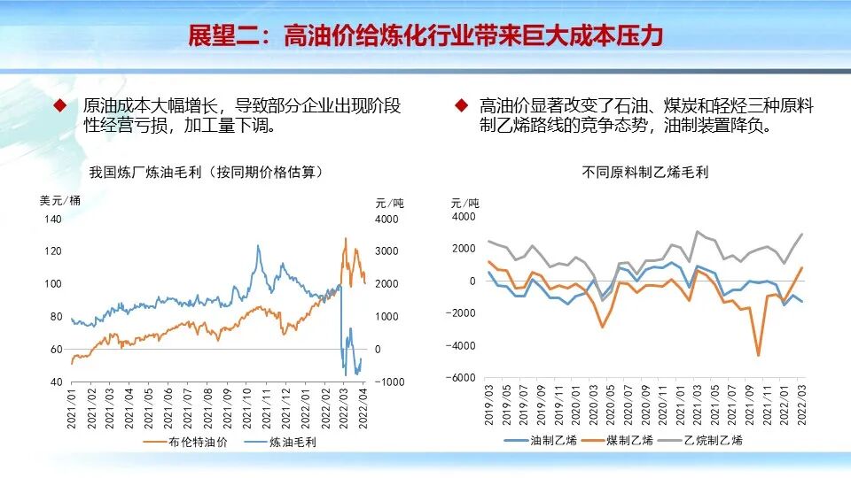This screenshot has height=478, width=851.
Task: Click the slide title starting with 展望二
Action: pos(425,35)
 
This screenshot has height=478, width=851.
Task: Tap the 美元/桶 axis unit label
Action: pos(60,201)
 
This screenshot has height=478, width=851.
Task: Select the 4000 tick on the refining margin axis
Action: pos(388,219)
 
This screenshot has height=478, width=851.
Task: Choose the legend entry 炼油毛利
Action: pos(292,443)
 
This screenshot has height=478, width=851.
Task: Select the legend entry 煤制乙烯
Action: pos(629,440)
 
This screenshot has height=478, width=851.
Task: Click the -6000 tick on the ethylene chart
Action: pos(463,378)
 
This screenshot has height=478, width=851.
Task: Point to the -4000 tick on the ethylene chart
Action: pos(463,345)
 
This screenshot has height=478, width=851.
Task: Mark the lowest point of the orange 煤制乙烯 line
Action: pos(759,356)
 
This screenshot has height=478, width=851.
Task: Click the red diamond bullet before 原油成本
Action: pos(61,105)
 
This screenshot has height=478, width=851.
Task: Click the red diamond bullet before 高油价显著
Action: pos(461,105)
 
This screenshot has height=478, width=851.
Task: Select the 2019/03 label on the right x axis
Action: pos(489,405)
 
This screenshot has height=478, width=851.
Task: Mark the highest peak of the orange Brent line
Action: pos(346,238)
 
